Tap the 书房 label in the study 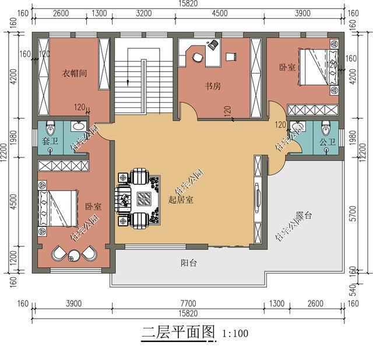(x=212, y=86)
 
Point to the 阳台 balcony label (x=188, y=263)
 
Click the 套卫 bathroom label (x=50, y=141)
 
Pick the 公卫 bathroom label (x=327, y=141)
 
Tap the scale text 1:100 (x=235, y=334)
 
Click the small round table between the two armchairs (x=73, y=254)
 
